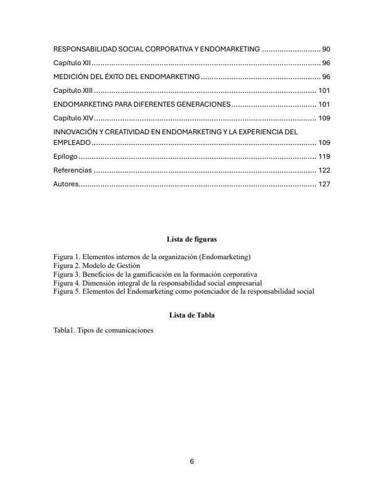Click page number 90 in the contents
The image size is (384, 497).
pyautogui.click(x=326, y=49)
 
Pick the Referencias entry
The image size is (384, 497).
pyautogui.click(x=73, y=170)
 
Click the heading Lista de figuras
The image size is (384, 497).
pyautogui.click(x=192, y=239)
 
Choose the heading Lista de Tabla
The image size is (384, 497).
pyautogui.click(x=192, y=315)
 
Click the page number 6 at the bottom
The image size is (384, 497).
pyautogui.click(x=192, y=462)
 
